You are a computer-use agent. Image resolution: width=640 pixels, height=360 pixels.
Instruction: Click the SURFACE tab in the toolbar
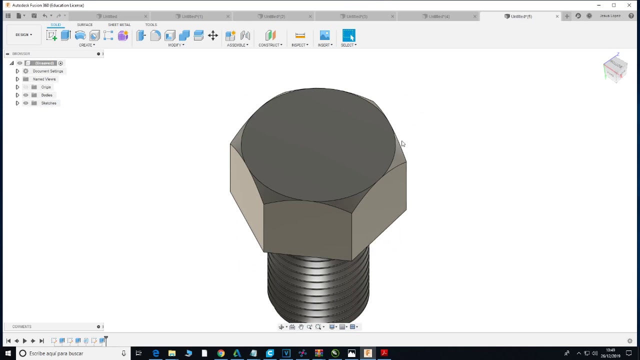pyautogui.click(x=84, y=24)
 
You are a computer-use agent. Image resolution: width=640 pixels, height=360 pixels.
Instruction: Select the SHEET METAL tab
pyautogui.click(x=119, y=24)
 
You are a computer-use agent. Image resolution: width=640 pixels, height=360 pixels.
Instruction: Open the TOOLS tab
pyautogui.click(x=151, y=24)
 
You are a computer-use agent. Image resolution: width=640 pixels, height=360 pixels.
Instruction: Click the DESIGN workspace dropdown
pyautogui.click(x=23, y=35)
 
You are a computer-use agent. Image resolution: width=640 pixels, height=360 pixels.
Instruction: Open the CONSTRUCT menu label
pyautogui.click(x=270, y=45)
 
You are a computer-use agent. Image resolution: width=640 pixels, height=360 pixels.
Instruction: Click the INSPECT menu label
pyautogui.click(x=299, y=45)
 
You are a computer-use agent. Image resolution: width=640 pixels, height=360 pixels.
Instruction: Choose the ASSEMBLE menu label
pyautogui.click(x=237, y=45)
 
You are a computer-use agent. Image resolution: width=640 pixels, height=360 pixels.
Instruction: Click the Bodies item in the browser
pyautogui.click(x=46, y=95)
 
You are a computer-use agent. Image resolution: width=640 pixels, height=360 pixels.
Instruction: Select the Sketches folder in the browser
pyautogui.click(x=48, y=103)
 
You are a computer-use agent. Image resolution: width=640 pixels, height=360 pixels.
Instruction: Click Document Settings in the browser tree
pyautogui.click(x=48, y=71)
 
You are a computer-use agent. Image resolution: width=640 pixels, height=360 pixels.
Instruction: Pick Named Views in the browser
pyautogui.click(x=44, y=79)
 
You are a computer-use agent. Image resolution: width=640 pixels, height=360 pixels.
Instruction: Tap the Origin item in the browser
pyautogui.click(x=46, y=87)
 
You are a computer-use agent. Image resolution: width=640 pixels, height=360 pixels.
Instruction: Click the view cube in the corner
pyautogui.click(x=615, y=67)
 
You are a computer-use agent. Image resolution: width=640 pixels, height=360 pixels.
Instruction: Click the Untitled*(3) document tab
pyautogui.click(x=356, y=16)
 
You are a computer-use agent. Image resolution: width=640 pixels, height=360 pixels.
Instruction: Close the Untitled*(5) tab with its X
pyautogui.click(x=557, y=16)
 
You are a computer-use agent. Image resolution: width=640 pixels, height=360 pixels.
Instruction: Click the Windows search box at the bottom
pyautogui.click(x=70, y=353)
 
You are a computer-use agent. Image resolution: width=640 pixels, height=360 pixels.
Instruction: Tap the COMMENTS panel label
pyautogui.click(x=22, y=326)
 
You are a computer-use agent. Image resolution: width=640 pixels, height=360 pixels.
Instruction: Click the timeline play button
pyautogui.click(x=24, y=341)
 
